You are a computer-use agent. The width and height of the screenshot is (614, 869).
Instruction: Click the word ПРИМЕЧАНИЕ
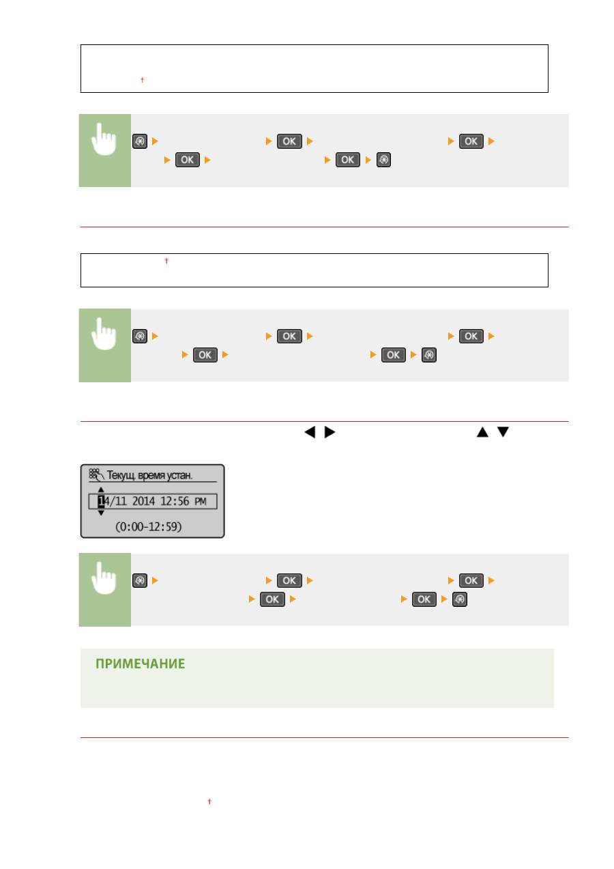point(140,664)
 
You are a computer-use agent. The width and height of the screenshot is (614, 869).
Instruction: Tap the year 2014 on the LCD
point(143,501)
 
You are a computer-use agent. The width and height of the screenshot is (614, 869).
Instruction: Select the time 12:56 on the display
point(175,501)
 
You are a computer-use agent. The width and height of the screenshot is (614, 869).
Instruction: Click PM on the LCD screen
point(200,502)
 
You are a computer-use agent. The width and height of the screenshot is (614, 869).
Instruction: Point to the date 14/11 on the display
point(113,501)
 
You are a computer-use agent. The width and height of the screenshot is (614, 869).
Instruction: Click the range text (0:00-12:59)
point(149,526)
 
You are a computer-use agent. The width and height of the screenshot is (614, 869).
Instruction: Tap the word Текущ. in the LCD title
point(121,475)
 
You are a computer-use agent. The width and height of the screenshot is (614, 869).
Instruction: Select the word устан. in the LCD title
point(178,476)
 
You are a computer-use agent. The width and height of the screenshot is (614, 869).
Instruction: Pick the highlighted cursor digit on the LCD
point(101,501)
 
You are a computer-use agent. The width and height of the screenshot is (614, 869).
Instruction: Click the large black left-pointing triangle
point(310,432)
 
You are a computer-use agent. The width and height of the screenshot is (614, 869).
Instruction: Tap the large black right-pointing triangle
point(330,432)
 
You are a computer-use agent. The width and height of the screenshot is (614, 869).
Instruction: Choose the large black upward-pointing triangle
point(482,432)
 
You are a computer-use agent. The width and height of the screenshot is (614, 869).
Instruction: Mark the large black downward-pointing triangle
point(503,432)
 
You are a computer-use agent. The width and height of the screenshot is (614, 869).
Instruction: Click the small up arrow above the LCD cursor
point(101,489)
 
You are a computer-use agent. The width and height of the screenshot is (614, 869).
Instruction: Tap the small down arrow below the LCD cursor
point(101,513)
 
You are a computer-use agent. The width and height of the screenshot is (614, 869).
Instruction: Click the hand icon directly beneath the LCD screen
point(104,578)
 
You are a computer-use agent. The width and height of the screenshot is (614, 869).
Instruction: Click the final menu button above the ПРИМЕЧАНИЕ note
point(459,599)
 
